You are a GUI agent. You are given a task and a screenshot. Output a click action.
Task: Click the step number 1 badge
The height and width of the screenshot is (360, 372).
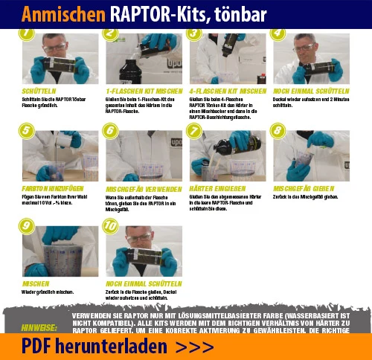pos(27,33)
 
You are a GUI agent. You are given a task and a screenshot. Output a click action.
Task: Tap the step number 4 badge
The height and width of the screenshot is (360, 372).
pos(278,33)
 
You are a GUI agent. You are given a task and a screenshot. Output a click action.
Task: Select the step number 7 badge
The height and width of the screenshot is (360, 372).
pos(194,130)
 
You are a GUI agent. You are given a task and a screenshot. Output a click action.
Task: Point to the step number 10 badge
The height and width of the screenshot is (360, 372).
pos(112,228)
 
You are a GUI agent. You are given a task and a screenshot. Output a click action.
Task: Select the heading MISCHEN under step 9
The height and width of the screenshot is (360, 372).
pos(36,283)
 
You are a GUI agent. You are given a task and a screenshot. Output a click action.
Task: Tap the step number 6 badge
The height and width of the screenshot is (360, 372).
pos(111,130)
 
